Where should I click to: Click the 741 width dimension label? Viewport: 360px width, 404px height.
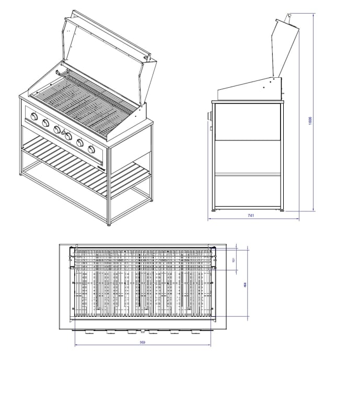[x=251, y=216]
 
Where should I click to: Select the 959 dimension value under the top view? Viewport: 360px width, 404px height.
[x=143, y=342]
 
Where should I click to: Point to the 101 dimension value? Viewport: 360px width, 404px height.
[x=234, y=260]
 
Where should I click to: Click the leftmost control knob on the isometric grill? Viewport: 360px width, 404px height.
[x=34, y=117]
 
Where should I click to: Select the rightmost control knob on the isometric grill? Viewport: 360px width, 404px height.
[x=92, y=150]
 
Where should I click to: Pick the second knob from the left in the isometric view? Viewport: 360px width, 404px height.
[x=45, y=123]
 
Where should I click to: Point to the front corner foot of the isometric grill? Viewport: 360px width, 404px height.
[x=109, y=223]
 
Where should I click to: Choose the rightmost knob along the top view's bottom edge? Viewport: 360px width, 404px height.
[x=195, y=331]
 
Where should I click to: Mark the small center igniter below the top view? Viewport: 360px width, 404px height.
[x=142, y=331]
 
